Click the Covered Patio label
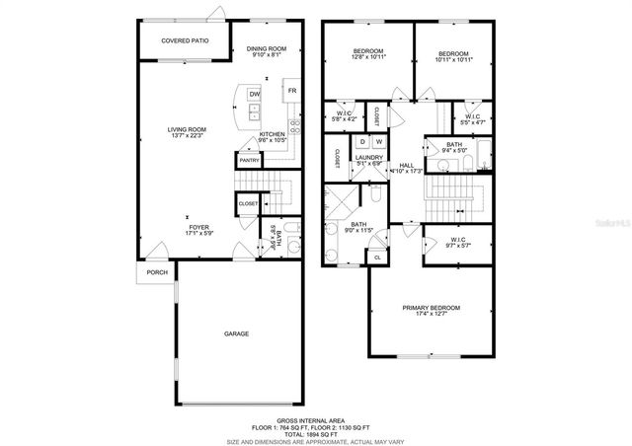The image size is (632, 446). tap(186, 41)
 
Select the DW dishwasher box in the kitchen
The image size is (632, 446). tap(254, 94)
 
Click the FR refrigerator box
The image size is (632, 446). tap(291, 91)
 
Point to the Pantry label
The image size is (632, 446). tap(248, 160)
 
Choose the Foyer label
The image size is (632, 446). tap(200, 230)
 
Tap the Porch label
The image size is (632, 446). tap(156, 272)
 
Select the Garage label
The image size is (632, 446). tap(236, 334)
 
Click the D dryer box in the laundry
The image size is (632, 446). tap(362, 143)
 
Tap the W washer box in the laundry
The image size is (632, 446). tap(378, 143)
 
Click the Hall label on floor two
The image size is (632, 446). tap(405, 167)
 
